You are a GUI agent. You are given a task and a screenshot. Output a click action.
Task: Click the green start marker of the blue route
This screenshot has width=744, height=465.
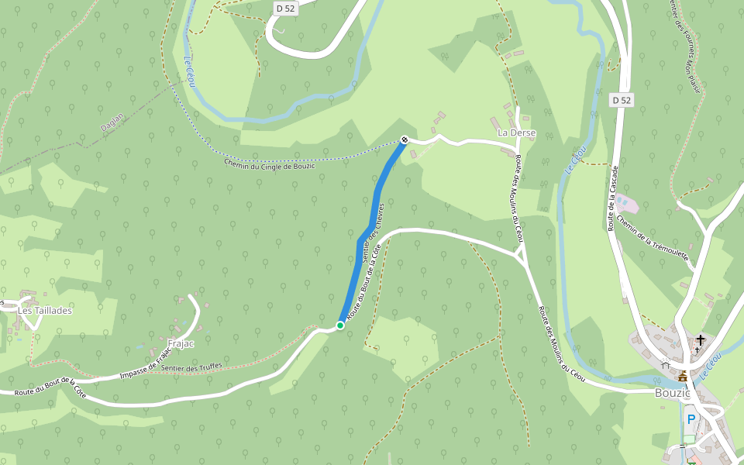(x=339, y=325)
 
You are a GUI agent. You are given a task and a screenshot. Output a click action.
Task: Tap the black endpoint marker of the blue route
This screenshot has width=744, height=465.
(x=404, y=139)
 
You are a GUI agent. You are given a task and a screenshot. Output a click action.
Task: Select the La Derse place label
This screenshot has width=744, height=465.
(x=512, y=133)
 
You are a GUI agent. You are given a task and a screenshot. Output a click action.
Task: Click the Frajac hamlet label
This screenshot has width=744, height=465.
(x=181, y=343)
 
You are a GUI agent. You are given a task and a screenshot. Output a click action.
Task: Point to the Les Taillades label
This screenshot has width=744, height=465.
(x=45, y=310)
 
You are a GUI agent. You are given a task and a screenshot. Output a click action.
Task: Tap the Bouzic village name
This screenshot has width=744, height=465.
(x=672, y=392)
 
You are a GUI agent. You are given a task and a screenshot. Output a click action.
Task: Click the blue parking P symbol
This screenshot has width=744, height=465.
(x=691, y=418)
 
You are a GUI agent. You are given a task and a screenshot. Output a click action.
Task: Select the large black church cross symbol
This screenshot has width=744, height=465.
(x=701, y=339)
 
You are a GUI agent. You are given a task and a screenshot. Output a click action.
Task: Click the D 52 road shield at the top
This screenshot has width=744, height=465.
(x=285, y=8)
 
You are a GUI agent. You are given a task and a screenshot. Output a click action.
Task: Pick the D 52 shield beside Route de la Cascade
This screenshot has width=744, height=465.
(x=622, y=100)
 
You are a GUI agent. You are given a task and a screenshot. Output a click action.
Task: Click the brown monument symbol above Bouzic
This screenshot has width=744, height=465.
(x=683, y=377)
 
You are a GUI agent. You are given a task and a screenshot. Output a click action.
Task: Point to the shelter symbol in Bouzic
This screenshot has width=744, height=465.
(x=665, y=363)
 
